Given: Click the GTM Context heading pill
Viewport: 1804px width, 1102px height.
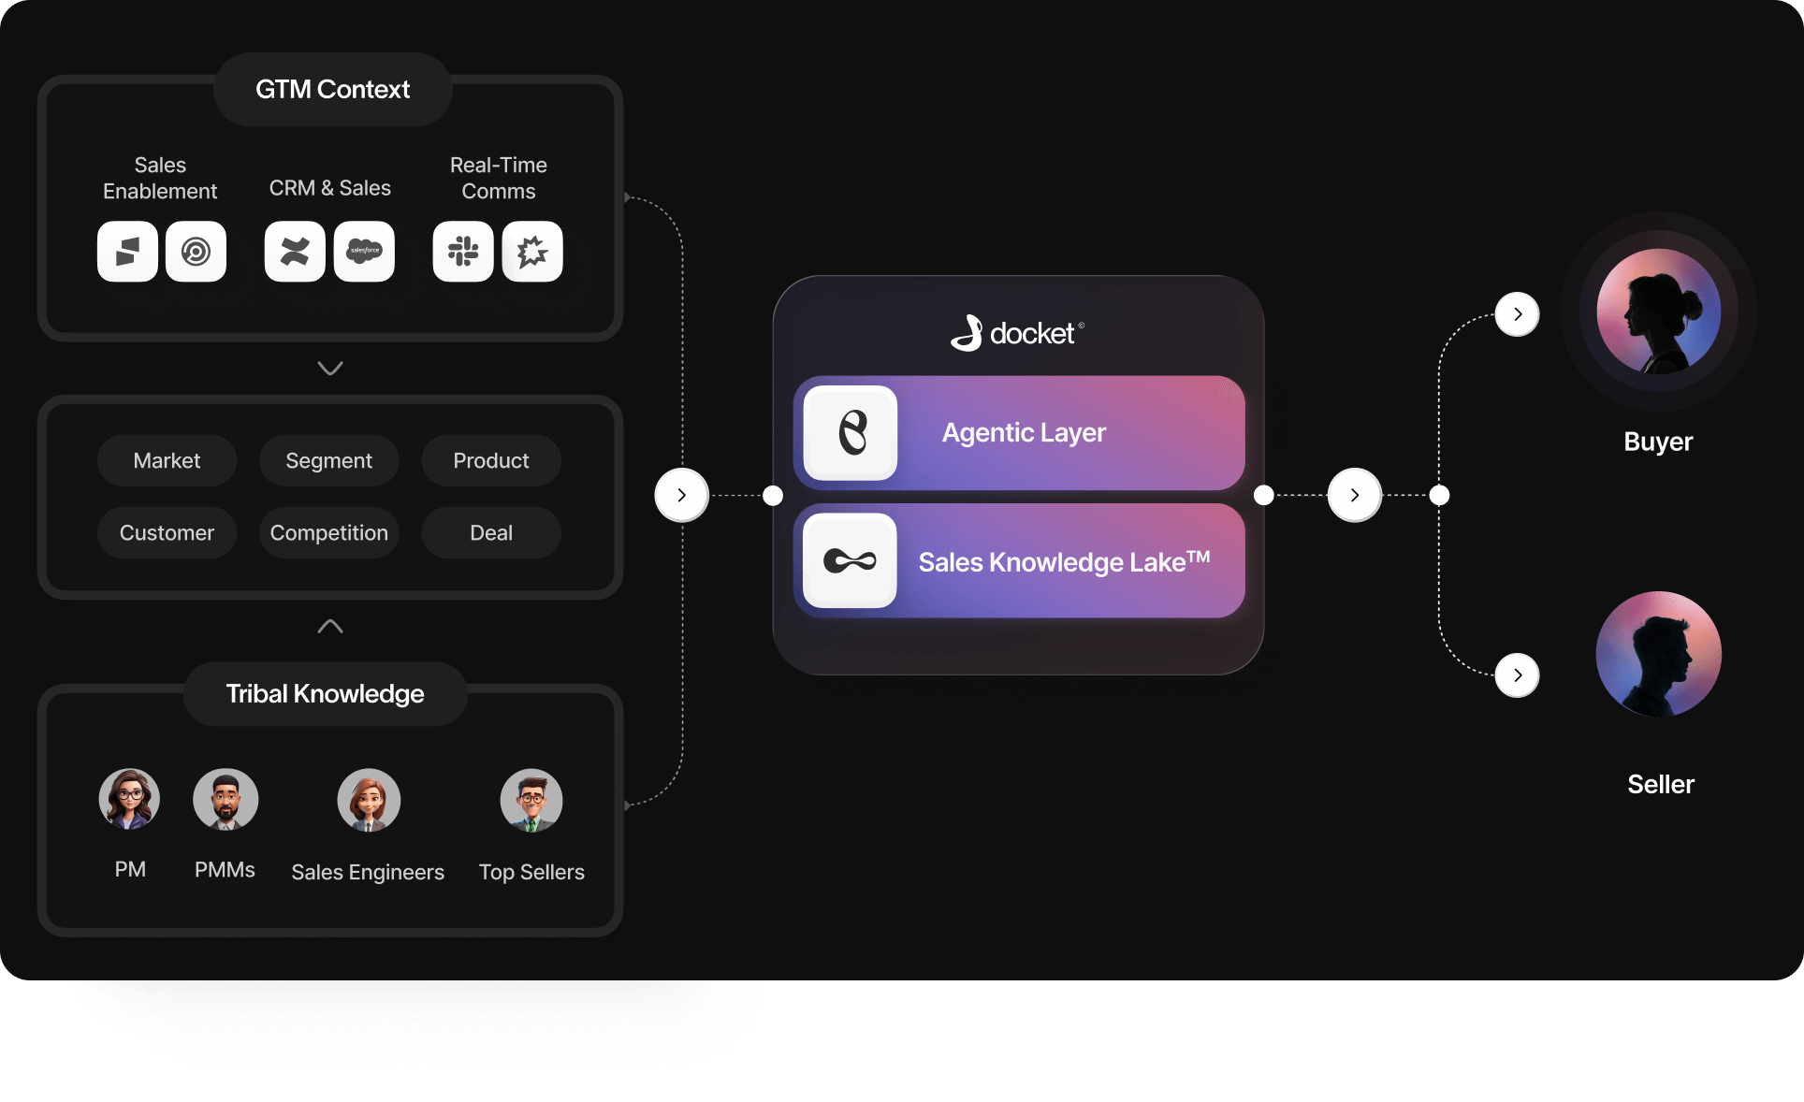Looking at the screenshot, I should (332, 90).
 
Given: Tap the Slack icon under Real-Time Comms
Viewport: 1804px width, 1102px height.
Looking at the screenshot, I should (463, 252).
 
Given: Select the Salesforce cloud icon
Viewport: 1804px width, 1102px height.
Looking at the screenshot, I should (364, 252).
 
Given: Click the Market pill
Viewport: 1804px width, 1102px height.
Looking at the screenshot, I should (167, 460).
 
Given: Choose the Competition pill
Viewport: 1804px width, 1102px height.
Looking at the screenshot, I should (328, 532).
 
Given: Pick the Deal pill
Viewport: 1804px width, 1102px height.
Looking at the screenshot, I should (491, 532).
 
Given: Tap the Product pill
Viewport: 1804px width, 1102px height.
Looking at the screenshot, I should (491, 460).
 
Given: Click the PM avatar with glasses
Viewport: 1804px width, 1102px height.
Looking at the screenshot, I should (130, 800).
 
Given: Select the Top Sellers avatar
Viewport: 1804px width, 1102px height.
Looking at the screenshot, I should (531, 801).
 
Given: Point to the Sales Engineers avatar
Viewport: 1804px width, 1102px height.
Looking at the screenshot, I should (369, 801).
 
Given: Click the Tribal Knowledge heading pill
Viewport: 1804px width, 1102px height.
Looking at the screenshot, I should (325, 694).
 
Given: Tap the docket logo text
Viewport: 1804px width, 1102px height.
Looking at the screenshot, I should (1031, 334).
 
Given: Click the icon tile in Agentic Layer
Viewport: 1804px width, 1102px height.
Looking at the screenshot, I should (851, 433).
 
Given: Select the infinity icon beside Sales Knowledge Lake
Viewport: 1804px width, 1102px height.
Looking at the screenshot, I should (850, 560).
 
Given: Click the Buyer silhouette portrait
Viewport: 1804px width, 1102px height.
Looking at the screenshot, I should (1658, 312).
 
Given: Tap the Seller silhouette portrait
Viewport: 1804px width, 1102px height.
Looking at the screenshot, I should (1658, 654).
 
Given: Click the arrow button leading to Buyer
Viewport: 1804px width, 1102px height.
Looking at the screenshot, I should (1517, 314).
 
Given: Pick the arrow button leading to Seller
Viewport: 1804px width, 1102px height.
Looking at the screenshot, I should (1517, 675).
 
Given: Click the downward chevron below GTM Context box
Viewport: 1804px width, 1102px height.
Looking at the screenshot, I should (330, 368).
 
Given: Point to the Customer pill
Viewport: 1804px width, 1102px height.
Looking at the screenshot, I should (167, 532).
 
